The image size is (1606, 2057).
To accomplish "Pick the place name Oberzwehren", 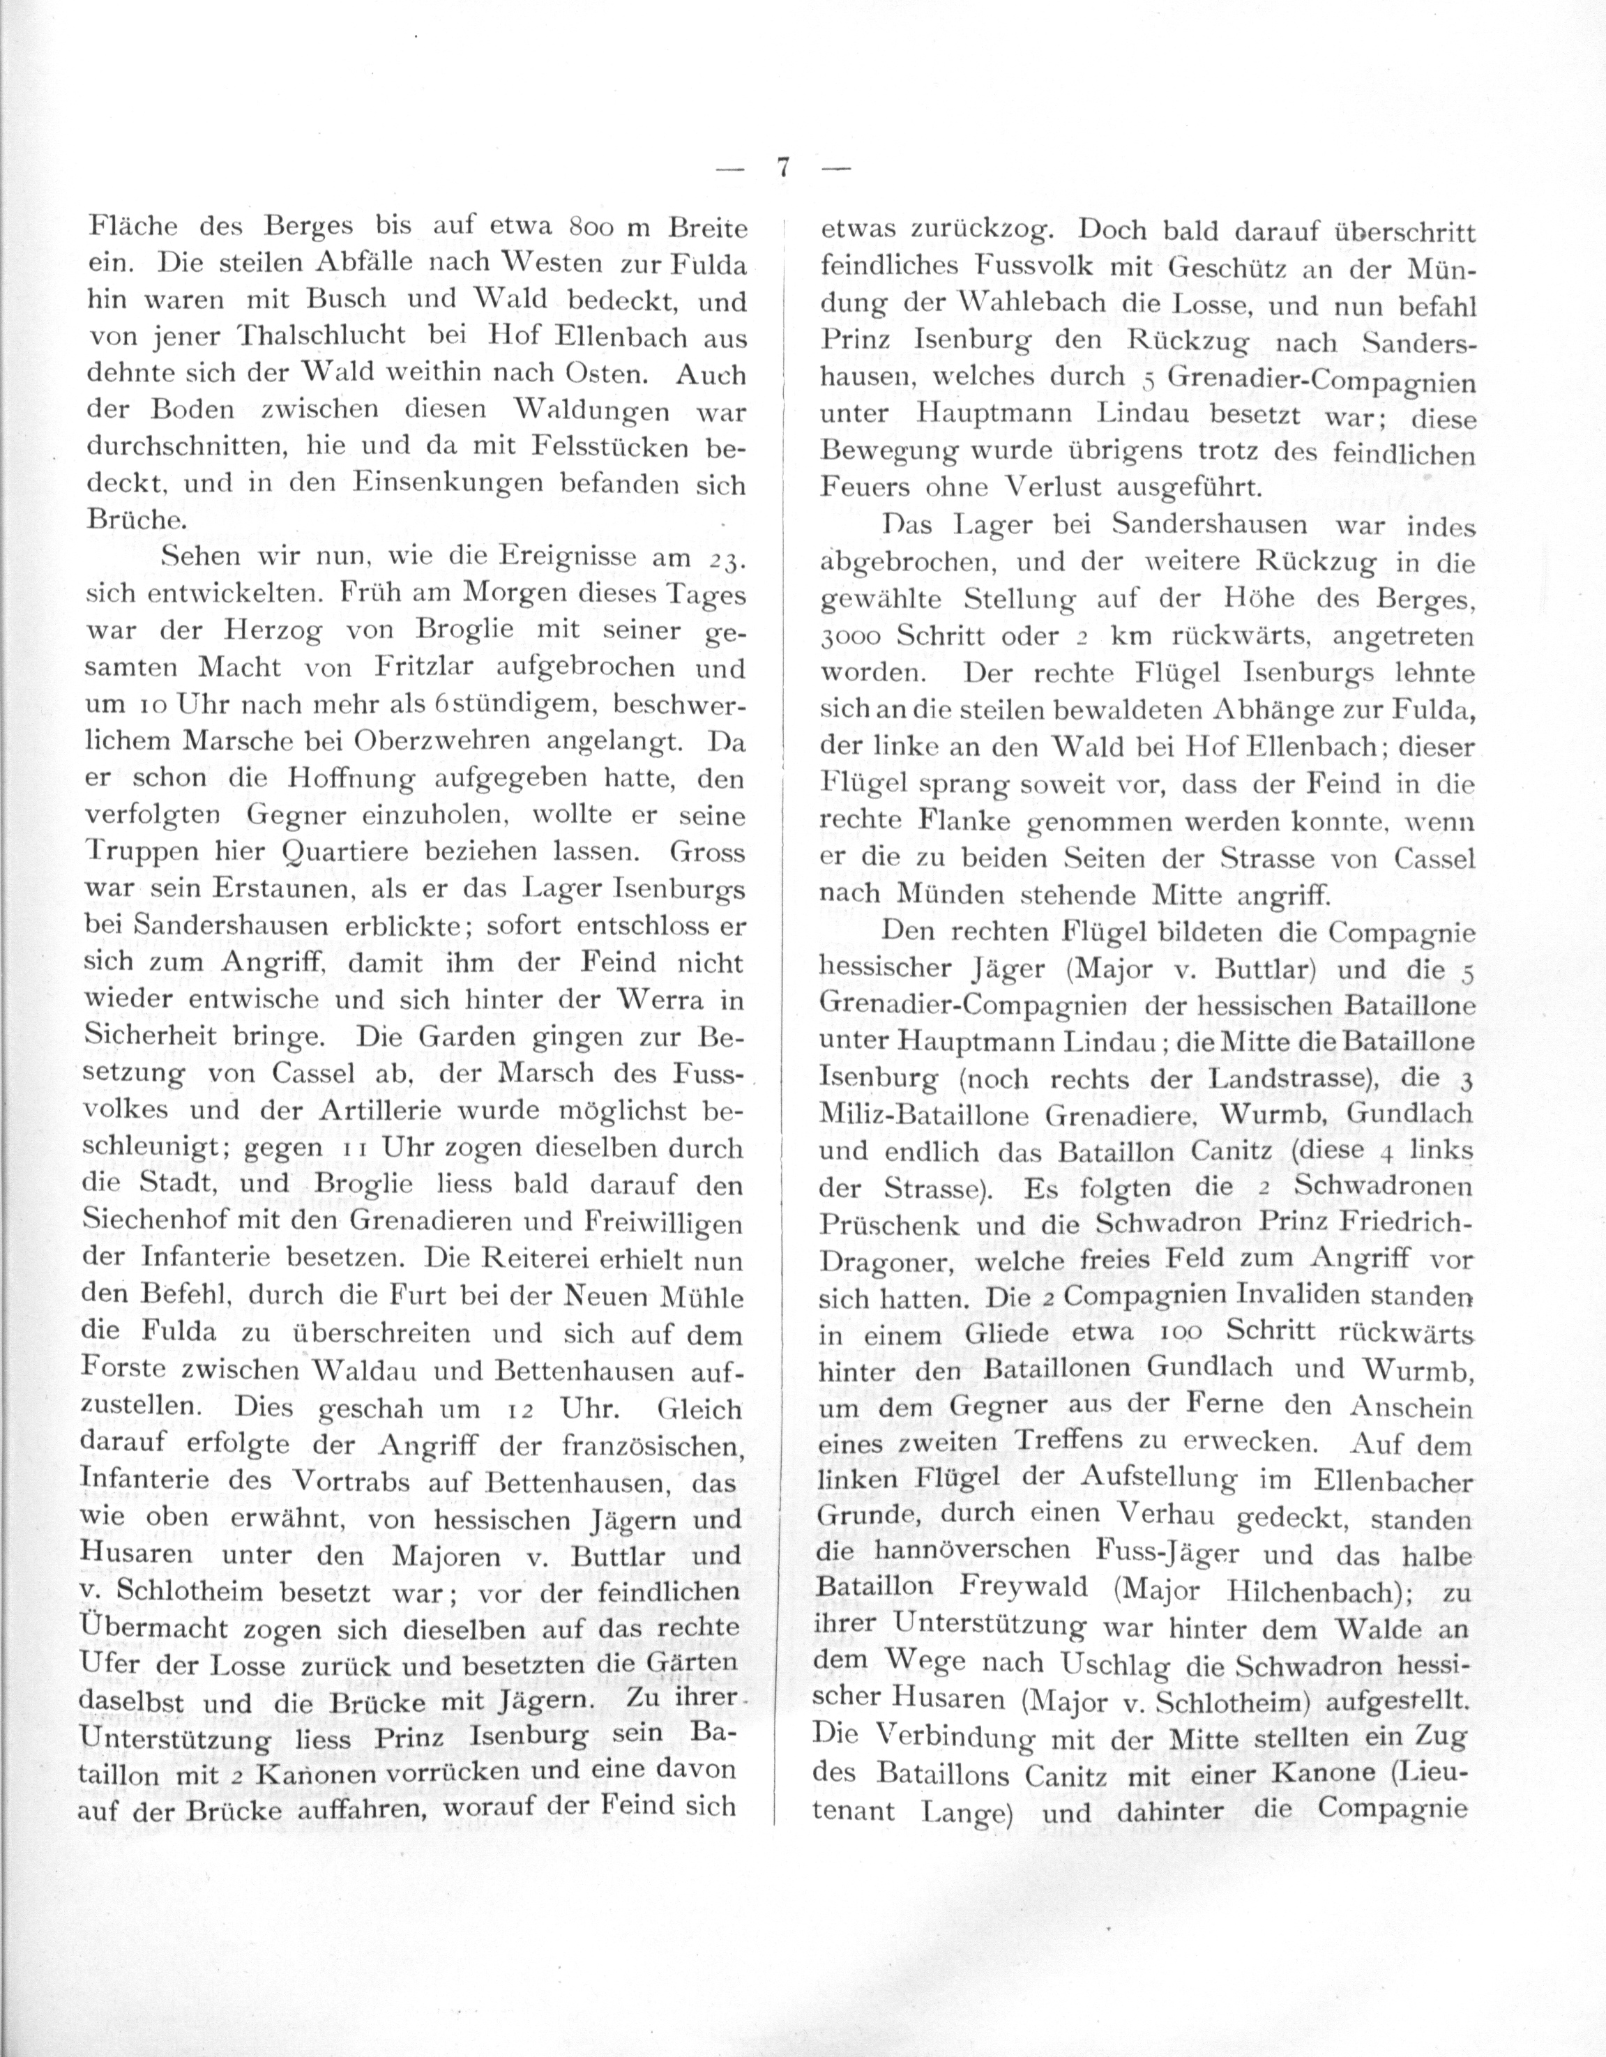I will [x=429, y=742].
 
